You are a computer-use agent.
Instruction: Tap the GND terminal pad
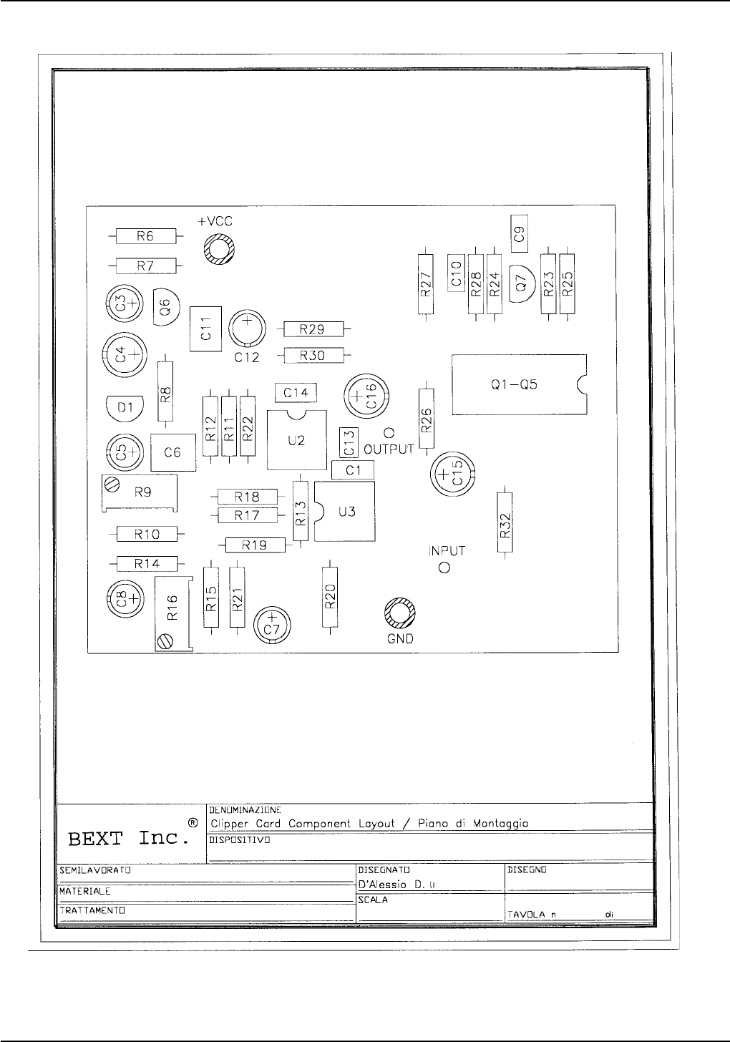coord(399,613)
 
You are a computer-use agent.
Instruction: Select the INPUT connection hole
coord(444,568)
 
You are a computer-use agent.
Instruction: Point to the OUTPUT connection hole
coord(389,433)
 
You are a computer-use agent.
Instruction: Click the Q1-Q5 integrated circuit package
coord(518,384)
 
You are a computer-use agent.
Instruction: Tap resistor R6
coord(145,237)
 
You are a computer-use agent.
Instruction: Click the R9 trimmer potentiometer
coord(142,492)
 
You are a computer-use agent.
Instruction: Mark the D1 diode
coord(125,408)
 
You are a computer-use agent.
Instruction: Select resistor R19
coord(255,545)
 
